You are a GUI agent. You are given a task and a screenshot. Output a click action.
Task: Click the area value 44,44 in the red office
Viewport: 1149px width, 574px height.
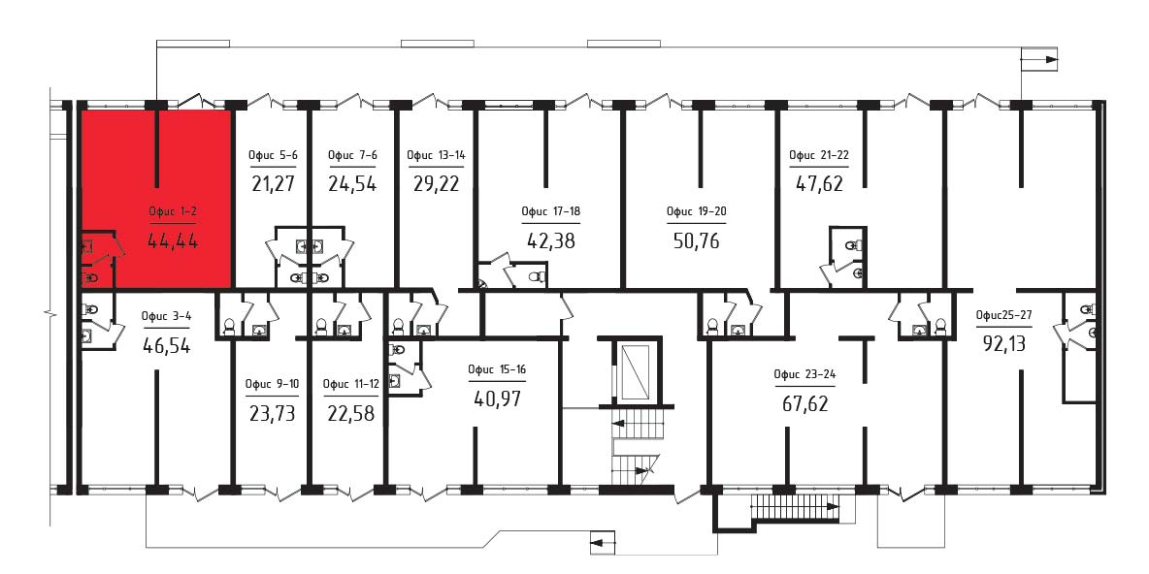(x=173, y=240)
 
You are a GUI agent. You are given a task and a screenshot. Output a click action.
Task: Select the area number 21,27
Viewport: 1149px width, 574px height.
(x=273, y=183)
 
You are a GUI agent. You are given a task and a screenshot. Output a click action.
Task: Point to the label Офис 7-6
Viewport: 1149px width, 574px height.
(x=351, y=155)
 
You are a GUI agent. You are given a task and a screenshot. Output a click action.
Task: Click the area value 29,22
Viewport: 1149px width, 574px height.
(x=436, y=183)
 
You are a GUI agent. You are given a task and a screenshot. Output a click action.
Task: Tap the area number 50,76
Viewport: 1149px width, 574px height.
(x=696, y=240)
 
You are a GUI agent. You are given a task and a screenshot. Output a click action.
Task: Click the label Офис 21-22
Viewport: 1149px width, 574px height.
(x=818, y=155)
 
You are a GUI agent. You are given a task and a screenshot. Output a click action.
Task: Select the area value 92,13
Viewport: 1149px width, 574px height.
(x=1004, y=342)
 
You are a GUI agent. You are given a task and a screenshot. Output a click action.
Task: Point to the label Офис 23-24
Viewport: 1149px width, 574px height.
(x=804, y=374)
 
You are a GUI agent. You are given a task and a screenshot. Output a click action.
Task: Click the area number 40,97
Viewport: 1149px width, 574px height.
(x=498, y=399)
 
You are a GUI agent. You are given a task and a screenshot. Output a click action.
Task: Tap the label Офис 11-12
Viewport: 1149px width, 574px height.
(x=350, y=384)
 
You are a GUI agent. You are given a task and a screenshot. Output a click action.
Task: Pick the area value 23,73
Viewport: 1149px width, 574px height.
(x=272, y=414)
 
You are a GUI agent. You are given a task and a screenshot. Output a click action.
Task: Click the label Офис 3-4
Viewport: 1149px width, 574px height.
(x=166, y=317)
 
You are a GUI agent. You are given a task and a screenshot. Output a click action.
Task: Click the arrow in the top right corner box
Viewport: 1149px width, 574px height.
(x=1041, y=59)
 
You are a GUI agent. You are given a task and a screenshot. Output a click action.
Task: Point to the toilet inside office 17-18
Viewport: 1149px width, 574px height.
(x=536, y=276)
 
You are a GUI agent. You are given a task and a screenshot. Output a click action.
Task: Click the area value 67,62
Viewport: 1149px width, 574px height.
(x=804, y=402)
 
